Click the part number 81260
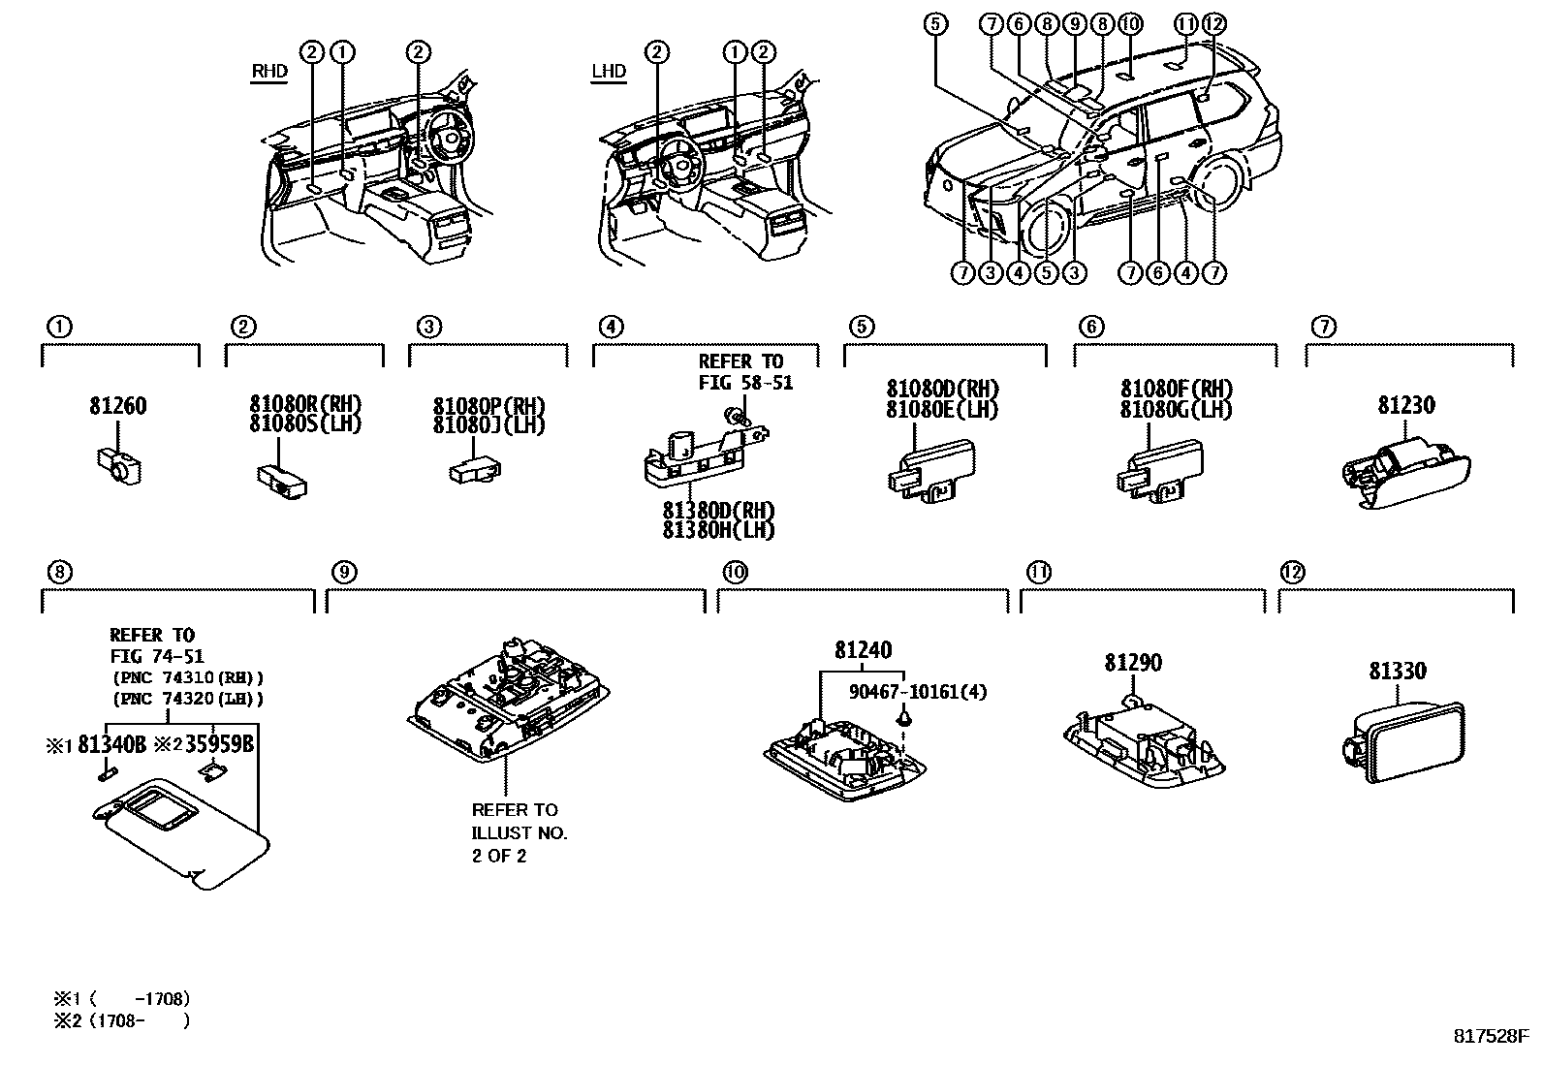pyautogui.click(x=118, y=406)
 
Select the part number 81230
pyautogui.click(x=1406, y=405)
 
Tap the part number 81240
pyautogui.click(x=864, y=650)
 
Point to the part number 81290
pyautogui.click(x=1133, y=663)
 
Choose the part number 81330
pyautogui.click(x=1397, y=671)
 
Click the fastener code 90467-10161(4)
pyautogui.click(x=918, y=692)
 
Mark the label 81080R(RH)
pyautogui.click(x=305, y=403)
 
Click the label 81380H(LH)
pyautogui.click(x=718, y=530)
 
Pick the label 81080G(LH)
pyautogui.click(x=1175, y=410)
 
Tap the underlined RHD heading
pyautogui.click(x=269, y=72)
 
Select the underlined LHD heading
pyautogui.click(x=609, y=72)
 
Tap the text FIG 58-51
pyautogui.click(x=745, y=383)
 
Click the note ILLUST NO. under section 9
pyautogui.click(x=520, y=832)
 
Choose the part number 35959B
pyautogui.click(x=218, y=744)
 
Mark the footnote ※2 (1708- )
pyautogui.click(x=121, y=1020)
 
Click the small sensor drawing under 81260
pyautogui.click(x=119, y=465)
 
